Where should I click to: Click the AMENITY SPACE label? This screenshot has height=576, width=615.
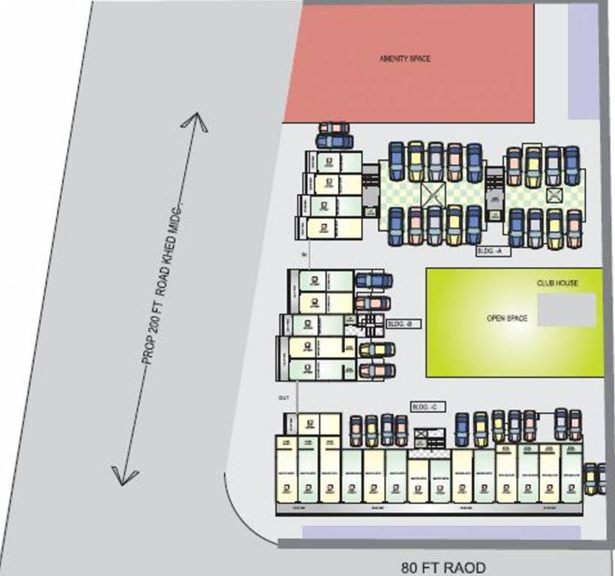pyautogui.click(x=405, y=58)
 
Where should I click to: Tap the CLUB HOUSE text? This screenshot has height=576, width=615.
pyautogui.click(x=557, y=283)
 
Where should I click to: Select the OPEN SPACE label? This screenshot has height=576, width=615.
pyautogui.click(x=507, y=318)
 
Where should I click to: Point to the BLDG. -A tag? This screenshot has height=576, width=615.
pyautogui.click(x=493, y=251)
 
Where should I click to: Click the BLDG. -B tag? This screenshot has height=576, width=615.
pyautogui.click(x=403, y=324)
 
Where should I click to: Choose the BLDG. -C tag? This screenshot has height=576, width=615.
pyautogui.click(x=428, y=406)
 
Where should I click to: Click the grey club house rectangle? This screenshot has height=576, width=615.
pyautogui.click(x=567, y=310)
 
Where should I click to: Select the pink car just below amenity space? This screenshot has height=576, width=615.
pyautogui.click(x=334, y=128)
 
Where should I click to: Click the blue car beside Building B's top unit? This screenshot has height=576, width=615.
pyautogui.click(x=373, y=280)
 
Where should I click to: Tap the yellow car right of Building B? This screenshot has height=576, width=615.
pyautogui.click(x=376, y=349)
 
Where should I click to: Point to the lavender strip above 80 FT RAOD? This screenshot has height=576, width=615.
pyautogui.click(x=441, y=532)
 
